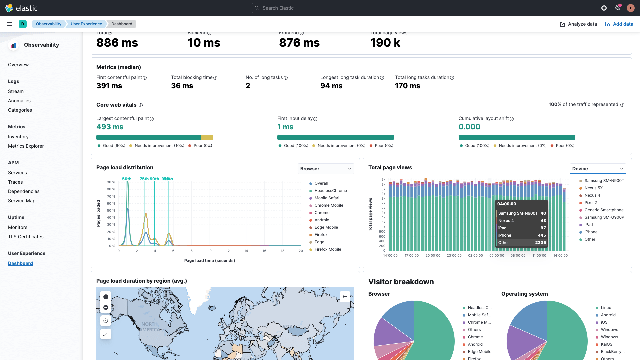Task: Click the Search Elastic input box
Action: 318,8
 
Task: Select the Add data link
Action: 619,24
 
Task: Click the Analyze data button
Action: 578,24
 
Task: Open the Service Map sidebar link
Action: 22,201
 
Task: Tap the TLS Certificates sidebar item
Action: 26,237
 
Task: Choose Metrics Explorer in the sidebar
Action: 26,146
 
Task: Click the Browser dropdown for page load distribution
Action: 325,169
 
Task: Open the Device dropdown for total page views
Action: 597,169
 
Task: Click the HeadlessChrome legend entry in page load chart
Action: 330,191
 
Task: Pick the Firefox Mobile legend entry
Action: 327,249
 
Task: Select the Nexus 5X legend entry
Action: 593,188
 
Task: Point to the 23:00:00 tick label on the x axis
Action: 454,256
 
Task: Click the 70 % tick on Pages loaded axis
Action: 111,196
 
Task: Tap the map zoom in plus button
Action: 106,297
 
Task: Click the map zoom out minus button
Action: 106,308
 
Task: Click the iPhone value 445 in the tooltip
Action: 542,235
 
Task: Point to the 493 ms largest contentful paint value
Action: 110,127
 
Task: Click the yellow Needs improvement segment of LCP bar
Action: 207,137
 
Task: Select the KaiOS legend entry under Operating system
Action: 606,344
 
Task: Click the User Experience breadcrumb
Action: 86,24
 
